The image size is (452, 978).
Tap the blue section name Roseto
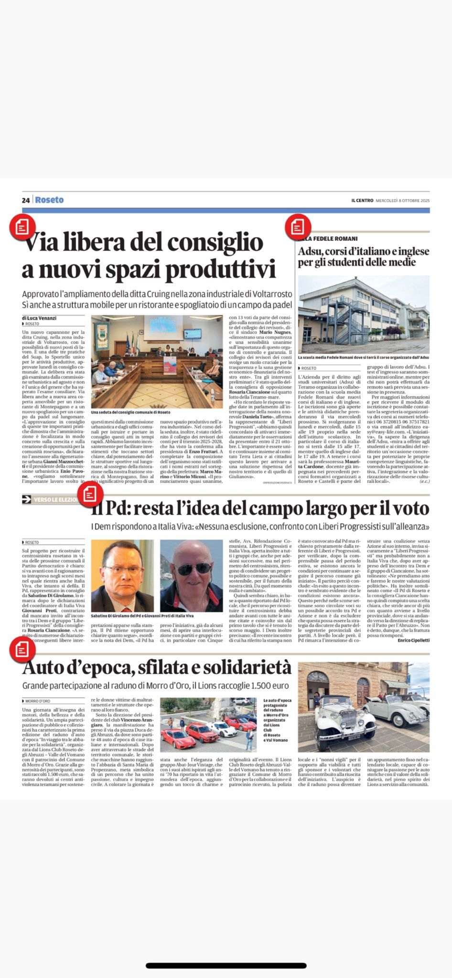(x=49, y=200)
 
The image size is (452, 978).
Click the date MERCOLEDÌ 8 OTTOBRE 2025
(x=403, y=201)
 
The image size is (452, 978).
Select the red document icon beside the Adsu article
(x=298, y=226)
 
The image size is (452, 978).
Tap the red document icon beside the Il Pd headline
(x=90, y=496)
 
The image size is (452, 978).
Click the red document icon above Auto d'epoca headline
(x=22, y=648)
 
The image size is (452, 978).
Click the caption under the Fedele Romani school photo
(x=363, y=357)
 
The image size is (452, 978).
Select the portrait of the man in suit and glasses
(x=122, y=576)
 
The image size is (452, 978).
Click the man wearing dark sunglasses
(x=192, y=576)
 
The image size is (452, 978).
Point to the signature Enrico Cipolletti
(x=414, y=640)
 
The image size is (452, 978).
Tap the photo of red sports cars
(x=208, y=724)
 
